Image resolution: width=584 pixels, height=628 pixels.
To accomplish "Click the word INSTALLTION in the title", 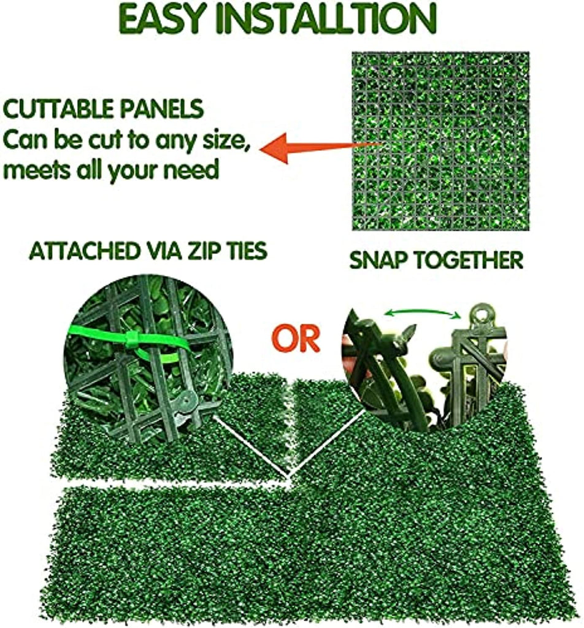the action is (326, 19).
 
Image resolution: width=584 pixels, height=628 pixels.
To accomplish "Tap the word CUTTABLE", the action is (56, 109).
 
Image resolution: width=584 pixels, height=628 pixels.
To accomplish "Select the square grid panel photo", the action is (440, 141).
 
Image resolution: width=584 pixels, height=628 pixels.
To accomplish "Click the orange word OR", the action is (296, 339).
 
